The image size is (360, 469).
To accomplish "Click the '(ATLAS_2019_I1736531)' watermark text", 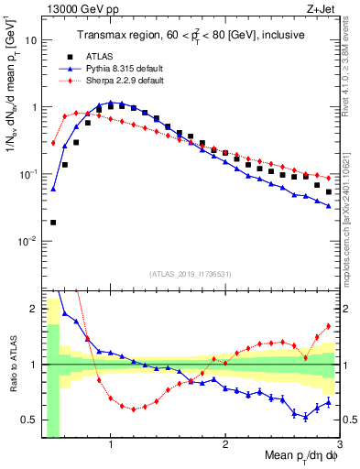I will (190, 274).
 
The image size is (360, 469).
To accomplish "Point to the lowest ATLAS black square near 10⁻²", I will (53, 223).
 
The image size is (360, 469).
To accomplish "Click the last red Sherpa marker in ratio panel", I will (329, 326).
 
